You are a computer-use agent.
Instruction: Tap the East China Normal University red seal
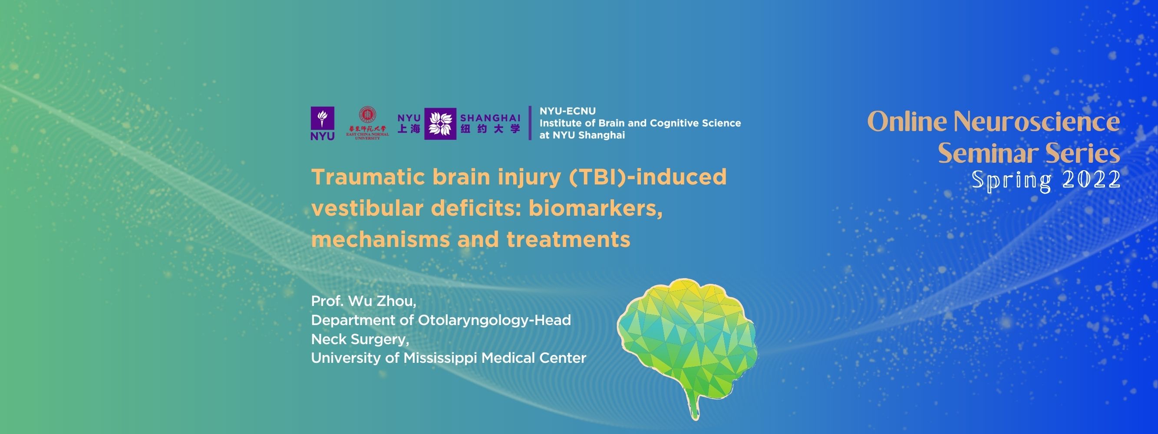[x=367, y=115]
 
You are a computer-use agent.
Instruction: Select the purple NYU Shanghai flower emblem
[x=440, y=124]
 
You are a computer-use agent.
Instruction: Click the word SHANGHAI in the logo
[x=490, y=118]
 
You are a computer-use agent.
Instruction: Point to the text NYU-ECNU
[x=567, y=111]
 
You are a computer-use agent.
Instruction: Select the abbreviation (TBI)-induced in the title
[x=648, y=177]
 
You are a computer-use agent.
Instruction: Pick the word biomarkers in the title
[x=595, y=208]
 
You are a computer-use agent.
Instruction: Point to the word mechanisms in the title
[x=380, y=240]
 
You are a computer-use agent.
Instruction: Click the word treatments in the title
[x=568, y=240]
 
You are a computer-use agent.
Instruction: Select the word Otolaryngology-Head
[x=495, y=320]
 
